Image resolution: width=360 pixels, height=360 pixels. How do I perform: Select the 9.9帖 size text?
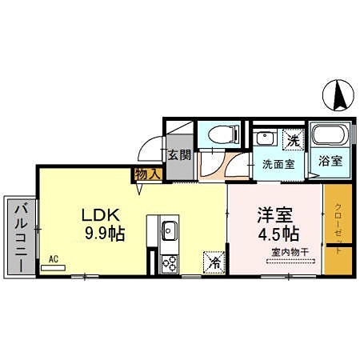coord(104,234)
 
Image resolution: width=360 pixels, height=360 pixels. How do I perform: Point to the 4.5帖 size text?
coord(278,234)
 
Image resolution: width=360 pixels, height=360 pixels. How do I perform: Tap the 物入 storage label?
coord(149,174)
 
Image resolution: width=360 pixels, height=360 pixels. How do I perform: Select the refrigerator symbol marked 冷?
coord(214,260)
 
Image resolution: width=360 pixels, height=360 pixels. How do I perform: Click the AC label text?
coord(53,258)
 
